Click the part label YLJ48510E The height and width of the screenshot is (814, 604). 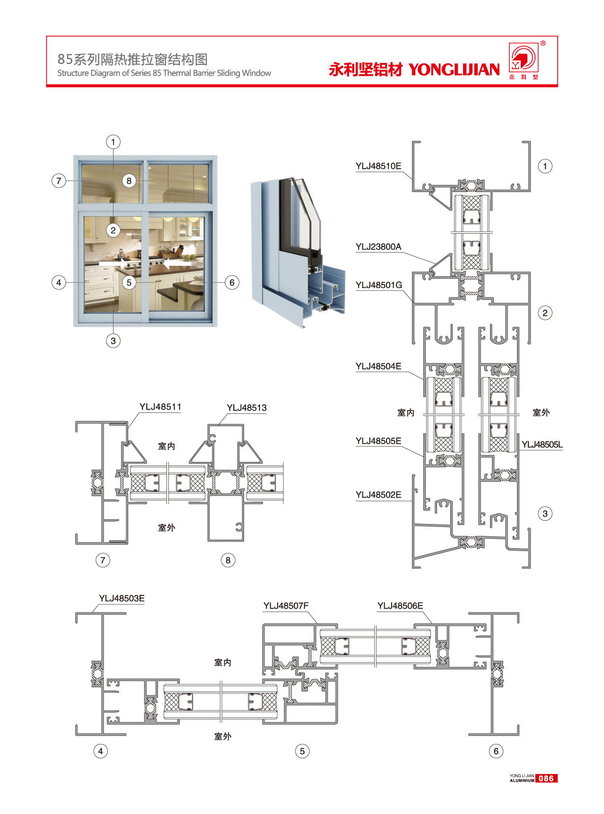click(x=378, y=166)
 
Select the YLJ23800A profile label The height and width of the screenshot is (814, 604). click(x=378, y=247)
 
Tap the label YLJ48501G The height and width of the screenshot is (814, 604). click(x=379, y=285)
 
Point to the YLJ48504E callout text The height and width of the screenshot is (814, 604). click(x=378, y=367)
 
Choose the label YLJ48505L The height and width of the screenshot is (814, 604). click(x=542, y=445)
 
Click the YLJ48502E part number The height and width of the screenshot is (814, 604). click(x=378, y=495)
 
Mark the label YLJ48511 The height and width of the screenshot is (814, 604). click(x=160, y=407)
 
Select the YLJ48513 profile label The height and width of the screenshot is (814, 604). click(x=246, y=408)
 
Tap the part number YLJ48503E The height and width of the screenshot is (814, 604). click(x=122, y=599)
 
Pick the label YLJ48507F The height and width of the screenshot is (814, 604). click(x=286, y=606)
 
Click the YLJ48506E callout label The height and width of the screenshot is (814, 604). click(x=400, y=606)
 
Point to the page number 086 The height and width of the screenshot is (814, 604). click(x=546, y=779)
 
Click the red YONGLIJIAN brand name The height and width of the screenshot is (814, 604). click(x=454, y=70)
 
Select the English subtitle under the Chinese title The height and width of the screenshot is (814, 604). click(x=164, y=73)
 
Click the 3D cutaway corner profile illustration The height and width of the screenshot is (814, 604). click(x=298, y=253)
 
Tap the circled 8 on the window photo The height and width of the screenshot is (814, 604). click(x=129, y=181)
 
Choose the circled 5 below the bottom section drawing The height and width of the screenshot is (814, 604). click(x=302, y=751)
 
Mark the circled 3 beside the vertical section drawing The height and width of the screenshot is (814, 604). click(x=545, y=514)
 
